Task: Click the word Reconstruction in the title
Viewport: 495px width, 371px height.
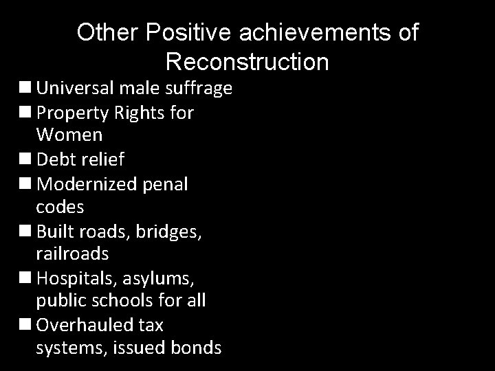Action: click(x=247, y=63)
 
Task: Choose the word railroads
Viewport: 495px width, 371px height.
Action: click(x=72, y=254)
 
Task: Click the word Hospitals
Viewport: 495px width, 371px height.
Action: click(x=75, y=277)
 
